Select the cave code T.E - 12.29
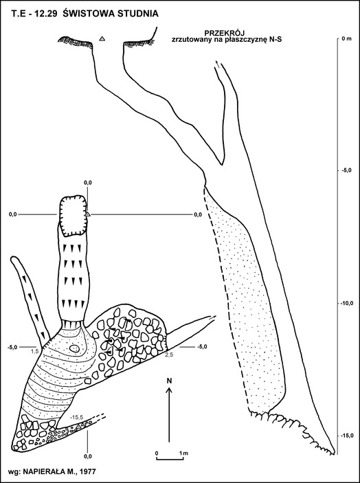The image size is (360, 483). click(34, 14)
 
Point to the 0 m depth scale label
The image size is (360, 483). click(346, 38)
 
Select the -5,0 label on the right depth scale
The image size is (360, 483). click(346, 170)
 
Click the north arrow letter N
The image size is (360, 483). click(169, 381)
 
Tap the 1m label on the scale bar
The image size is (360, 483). click(184, 453)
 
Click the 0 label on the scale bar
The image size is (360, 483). click(157, 453)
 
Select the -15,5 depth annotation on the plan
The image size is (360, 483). click(77, 417)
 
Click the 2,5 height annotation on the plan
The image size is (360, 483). click(170, 355)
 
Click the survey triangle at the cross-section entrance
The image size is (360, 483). click(102, 38)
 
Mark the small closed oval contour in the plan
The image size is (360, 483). click(74, 348)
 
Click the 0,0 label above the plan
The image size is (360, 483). click(88, 183)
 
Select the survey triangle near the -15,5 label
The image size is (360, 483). click(78, 427)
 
